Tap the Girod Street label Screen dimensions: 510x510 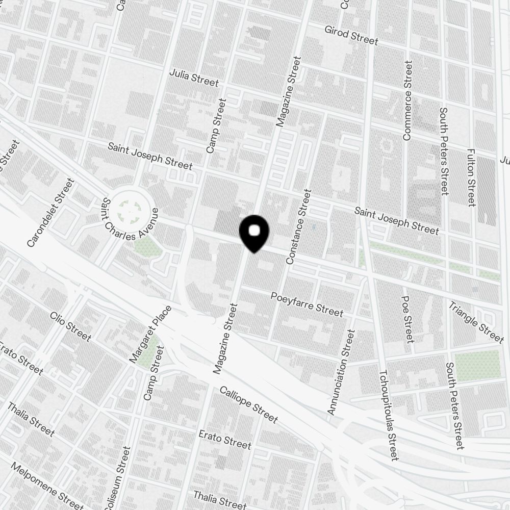[351, 35]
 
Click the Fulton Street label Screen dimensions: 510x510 [471, 177]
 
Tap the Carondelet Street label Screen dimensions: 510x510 [50, 213]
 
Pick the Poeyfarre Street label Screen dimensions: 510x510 [307, 303]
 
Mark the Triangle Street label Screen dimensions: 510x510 [476, 322]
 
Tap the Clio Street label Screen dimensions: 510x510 [70, 326]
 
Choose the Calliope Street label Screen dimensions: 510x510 [248, 404]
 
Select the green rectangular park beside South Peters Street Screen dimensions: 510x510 [477, 365]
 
